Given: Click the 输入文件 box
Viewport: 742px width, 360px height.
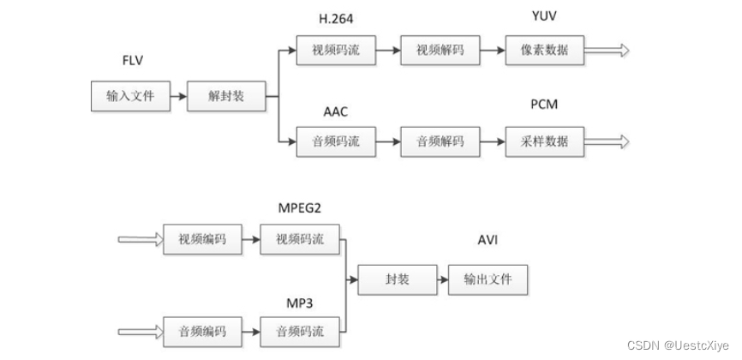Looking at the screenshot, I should pos(130,96).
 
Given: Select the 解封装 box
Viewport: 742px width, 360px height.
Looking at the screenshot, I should pos(226,96).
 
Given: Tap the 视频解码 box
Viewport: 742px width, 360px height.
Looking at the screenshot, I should pos(440,51).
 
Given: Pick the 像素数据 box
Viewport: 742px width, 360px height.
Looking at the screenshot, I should pos(544,51).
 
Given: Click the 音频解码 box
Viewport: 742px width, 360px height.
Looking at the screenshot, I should pos(440,141).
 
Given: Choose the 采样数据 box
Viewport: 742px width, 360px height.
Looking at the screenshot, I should pos(544,141).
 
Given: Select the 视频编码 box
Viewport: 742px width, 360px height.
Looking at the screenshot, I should pos(202,239).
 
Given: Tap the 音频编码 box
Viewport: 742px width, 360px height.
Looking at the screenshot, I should pos(202,329).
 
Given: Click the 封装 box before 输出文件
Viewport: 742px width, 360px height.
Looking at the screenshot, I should pos(395,279).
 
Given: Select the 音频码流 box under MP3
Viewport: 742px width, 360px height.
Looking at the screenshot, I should pos(299,329).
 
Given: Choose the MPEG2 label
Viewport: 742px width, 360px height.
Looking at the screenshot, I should pos(300,208).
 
